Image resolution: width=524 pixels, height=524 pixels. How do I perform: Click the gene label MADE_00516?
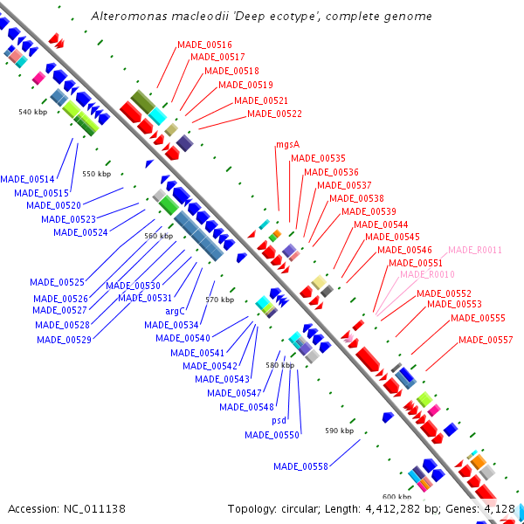pos(204,45)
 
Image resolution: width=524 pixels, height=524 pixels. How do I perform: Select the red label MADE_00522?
pos(274,114)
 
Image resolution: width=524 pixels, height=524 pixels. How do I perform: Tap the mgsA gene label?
pos(287,145)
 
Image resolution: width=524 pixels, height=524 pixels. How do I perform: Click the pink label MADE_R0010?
pos(427,274)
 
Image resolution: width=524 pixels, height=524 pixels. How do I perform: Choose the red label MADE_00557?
pos(486,340)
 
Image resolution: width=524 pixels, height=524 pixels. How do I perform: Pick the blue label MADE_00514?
pos(27,179)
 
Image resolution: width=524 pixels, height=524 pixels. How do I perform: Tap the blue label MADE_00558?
pos(300,466)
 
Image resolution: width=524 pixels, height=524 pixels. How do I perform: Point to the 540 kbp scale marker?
pos(31,112)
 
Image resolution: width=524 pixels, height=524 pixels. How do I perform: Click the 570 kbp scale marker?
pos(219,300)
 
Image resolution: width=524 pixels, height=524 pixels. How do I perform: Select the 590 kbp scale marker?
pos(339,431)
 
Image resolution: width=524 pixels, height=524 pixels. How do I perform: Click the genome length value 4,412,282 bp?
pos(403,508)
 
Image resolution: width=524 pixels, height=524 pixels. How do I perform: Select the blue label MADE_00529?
pos(64,340)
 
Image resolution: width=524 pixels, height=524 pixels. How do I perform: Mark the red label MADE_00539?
pos(369,211)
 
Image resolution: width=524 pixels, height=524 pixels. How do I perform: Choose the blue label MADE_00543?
pos(222,379)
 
